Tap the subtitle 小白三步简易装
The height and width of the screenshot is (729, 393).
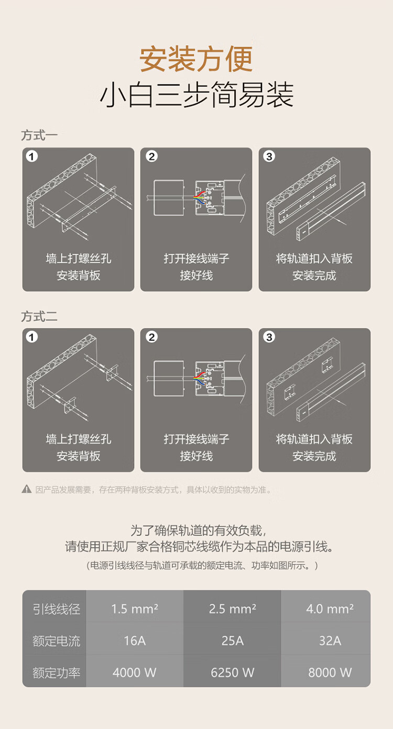(x=196, y=95)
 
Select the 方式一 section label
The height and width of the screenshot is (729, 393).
(x=39, y=135)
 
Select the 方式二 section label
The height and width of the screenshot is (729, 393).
(x=39, y=316)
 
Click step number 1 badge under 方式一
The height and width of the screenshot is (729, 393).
(x=31, y=156)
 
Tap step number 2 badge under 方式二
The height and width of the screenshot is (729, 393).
(x=151, y=337)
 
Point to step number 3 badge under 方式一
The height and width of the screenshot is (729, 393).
(x=269, y=156)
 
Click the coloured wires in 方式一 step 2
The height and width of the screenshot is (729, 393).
(x=199, y=197)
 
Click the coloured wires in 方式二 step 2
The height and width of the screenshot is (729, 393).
(x=199, y=378)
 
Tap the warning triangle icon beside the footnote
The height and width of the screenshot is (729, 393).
(x=26, y=489)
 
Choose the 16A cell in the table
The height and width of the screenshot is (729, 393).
(x=135, y=641)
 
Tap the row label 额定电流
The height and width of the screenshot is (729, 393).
(x=56, y=641)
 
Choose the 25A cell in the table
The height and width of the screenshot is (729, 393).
(x=233, y=641)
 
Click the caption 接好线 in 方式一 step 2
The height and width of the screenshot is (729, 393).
(x=196, y=276)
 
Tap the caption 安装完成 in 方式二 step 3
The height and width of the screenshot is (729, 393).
(x=314, y=456)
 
